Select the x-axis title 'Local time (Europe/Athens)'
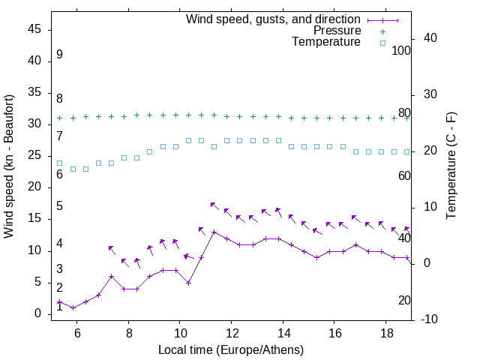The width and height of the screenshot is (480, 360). coord(231,350)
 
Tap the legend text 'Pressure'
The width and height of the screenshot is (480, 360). coord(337,31)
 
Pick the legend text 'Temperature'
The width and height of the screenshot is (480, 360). coord(325,42)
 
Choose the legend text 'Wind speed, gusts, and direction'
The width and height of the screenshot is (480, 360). coord(274,19)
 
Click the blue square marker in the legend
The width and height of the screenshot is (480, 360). coord(382,43)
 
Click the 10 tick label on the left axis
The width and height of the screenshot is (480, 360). coord(34,250)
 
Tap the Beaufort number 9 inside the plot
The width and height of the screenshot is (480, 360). coord(59,55)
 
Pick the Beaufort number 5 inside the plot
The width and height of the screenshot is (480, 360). coord(59,206)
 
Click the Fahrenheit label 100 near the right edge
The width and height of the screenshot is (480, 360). coord(402,50)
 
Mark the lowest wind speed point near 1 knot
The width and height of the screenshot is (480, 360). coord(73,307)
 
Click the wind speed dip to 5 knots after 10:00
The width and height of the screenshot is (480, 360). coord(188,283)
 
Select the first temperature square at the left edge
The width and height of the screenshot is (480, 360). coord(60,163)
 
